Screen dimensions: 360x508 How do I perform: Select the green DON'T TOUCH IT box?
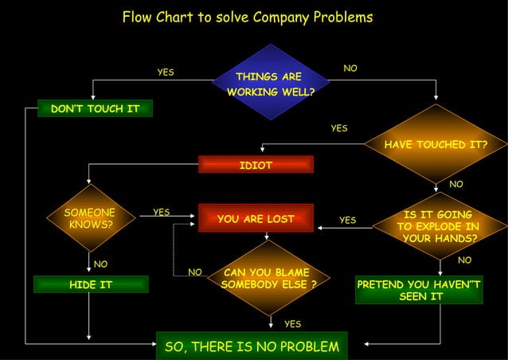95,108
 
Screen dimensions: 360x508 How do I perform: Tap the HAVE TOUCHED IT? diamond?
436,144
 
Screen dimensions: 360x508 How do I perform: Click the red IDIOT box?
256,165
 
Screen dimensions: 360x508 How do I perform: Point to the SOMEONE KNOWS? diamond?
89,218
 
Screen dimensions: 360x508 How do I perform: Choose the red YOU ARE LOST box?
256,218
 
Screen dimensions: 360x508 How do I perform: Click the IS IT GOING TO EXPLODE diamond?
437,226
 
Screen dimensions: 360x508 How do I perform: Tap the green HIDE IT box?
91,284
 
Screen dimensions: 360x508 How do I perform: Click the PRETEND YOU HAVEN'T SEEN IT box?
419,290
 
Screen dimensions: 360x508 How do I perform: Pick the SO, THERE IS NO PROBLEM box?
252,346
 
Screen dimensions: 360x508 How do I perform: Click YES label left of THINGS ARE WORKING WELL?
165,72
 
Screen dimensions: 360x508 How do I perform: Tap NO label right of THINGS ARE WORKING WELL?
350,69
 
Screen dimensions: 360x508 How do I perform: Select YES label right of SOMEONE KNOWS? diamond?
161,212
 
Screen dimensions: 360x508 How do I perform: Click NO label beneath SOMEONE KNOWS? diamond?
101,264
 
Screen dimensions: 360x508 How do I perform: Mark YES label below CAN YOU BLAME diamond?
292,323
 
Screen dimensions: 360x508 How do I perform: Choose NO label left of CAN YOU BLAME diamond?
195,272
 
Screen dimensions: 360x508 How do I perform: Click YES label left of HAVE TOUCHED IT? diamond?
339,128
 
